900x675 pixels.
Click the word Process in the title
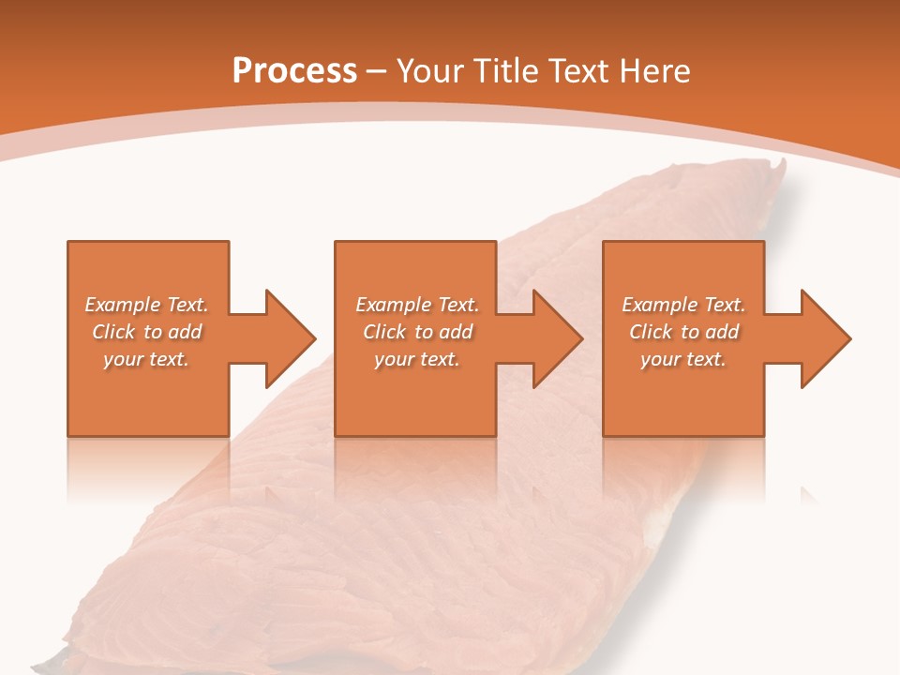[294, 71]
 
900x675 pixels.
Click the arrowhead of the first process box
[291, 338]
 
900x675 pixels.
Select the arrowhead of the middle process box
[558, 338]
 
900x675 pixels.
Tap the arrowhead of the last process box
[825, 338]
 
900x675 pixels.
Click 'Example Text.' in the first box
[146, 305]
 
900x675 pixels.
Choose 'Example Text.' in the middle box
[417, 305]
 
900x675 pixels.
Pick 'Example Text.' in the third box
[683, 305]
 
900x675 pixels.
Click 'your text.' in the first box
[146, 359]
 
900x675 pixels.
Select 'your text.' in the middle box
[417, 359]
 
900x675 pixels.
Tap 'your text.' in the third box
[683, 359]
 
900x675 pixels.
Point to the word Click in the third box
[652, 332]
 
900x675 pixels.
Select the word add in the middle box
[456, 332]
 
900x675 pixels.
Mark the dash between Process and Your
[377, 72]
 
